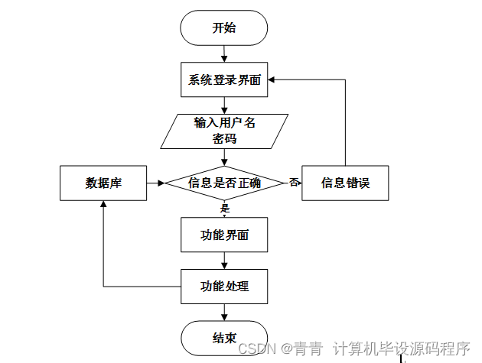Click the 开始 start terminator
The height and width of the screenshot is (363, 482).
coord(223,28)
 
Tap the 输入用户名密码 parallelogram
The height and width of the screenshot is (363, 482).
coord(224,131)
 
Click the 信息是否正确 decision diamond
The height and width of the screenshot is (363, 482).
coord(224,183)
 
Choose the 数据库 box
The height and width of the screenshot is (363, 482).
coord(103,183)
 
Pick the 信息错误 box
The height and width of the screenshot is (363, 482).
coord(345,183)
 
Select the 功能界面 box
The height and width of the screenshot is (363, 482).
coord(224,235)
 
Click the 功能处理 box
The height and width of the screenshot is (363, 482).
coord(224,287)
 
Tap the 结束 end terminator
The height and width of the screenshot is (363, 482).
coord(223,338)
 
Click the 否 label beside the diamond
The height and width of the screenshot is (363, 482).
coord(294,183)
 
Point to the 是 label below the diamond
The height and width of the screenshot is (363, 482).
coord(225,208)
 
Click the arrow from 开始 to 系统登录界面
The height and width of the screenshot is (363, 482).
coord(224,53)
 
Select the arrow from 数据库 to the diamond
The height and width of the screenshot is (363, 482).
coord(155,183)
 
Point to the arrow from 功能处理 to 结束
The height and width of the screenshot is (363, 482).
coord(224,312)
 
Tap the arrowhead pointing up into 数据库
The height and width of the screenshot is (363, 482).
coord(103,206)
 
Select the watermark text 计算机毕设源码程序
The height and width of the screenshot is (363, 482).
coord(401,348)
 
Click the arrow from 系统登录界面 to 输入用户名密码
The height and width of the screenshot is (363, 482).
coord(224,105)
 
